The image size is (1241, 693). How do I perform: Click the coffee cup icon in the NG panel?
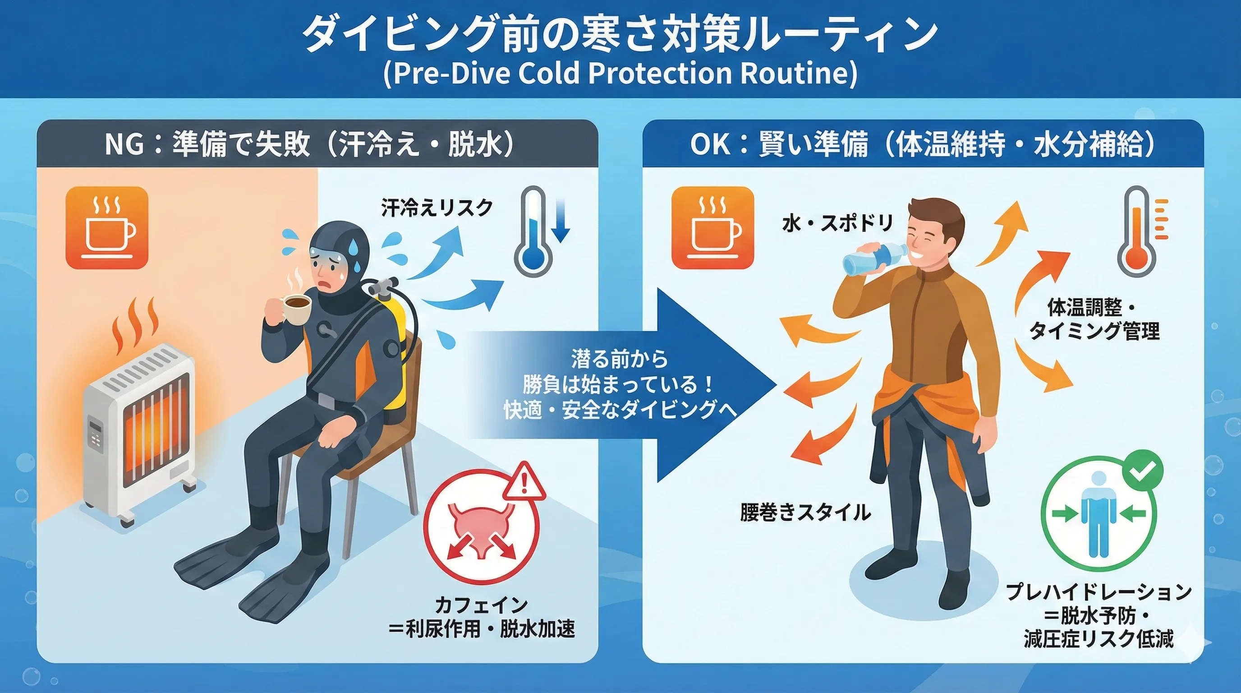tap(107, 227)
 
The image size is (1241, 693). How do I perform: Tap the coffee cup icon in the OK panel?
tap(712, 227)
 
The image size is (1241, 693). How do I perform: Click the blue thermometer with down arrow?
tap(540, 231)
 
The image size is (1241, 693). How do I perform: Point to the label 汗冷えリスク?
tap(437, 208)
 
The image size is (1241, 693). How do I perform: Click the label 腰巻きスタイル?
tap(805, 512)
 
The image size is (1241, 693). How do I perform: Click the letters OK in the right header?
tap(711, 144)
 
